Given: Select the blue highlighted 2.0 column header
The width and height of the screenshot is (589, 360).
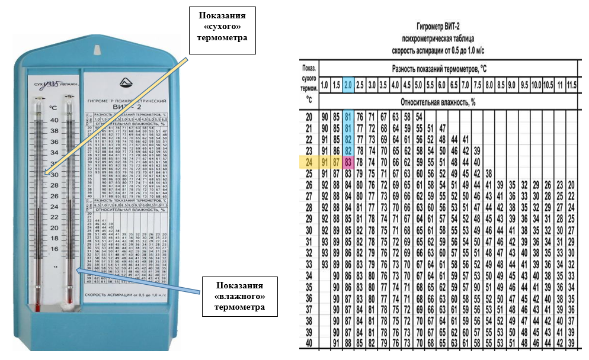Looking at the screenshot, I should tap(348, 84).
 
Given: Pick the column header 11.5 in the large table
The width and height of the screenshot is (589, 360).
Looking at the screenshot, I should tap(571, 84).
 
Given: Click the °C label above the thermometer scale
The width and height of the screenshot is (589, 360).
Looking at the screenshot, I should tap(53, 108).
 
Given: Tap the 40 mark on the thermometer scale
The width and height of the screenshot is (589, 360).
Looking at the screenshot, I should tap(54, 120).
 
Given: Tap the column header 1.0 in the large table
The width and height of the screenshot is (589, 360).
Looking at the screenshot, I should tap(325, 84).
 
